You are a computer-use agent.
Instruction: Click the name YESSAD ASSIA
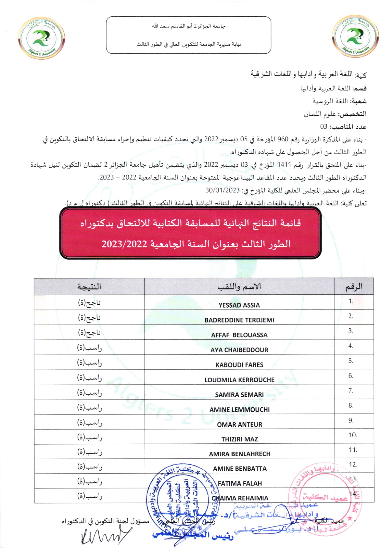point(239,305)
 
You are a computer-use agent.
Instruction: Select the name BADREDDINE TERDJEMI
point(239,320)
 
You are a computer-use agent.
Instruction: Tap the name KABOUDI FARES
point(239,365)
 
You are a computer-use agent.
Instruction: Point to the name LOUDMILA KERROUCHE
point(239,380)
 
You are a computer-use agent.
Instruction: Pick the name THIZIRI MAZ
point(239,439)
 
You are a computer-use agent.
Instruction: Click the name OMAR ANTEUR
point(239,424)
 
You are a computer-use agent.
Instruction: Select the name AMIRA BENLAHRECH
point(239,454)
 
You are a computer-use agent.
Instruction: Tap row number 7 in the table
point(351,391)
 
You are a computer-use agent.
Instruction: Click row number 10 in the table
point(353,435)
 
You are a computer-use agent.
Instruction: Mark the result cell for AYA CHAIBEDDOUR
point(89,348)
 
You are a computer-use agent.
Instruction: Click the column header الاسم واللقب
point(239,287)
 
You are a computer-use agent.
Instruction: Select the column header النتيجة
point(89,287)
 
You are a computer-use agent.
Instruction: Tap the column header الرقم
point(354,287)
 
